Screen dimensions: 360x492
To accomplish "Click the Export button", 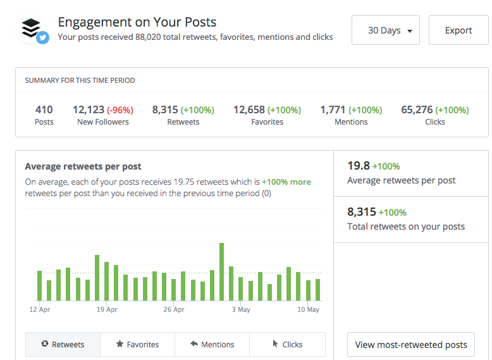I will [x=458, y=30].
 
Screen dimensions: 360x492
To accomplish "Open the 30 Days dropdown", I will [x=385, y=30].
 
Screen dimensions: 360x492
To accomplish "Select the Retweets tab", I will [x=63, y=344].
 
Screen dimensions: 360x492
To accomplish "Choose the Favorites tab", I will [x=137, y=344].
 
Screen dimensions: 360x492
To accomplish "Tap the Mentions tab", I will [x=212, y=344].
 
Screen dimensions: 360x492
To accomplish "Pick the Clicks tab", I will [x=287, y=344].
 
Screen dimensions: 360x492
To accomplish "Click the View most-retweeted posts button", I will [x=411, y=345].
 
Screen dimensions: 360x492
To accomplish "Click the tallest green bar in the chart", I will [x=221, y=271].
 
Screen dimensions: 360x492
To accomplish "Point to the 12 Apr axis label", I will [x=40, y=310].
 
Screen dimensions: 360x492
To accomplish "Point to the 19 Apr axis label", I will [x=107, y=310].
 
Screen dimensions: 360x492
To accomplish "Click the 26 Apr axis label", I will [x=174, y=310].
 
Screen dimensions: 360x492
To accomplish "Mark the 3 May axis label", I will [x=241, y=310].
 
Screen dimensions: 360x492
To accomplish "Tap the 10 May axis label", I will [x=308, y=310].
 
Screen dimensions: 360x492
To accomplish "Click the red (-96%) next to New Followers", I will [x=120, y=110].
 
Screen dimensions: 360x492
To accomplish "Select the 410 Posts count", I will [x=44, y=109].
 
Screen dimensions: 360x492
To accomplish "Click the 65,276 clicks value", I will [x=417, y=109].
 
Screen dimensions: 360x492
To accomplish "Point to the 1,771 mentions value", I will [x=333, y=109].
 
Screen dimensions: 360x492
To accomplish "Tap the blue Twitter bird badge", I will [x=43, y=38].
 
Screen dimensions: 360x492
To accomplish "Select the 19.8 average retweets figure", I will [x=358, y=166].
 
